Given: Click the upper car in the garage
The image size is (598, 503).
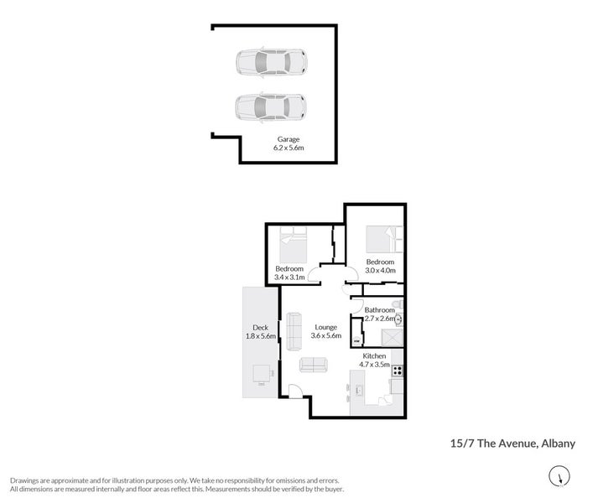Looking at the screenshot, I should [x=270, y=62].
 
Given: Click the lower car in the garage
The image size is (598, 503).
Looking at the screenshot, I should [x=270, y=106].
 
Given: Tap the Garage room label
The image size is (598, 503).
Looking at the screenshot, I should [x=289, y=139].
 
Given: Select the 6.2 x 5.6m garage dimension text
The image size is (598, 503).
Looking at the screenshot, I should [x=289, y=148].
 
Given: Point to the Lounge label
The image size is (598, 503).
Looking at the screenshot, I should [x=325, y=327].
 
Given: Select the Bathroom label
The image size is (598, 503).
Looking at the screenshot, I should [x=379, y=309].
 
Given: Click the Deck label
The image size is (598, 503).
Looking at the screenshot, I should [x=260, y=327].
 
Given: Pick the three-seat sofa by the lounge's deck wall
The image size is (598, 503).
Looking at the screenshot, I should [x=294, y=330].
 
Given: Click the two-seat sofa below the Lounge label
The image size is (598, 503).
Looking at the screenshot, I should [x=314, y=365].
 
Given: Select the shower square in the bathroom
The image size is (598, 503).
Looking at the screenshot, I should [x=392, y=337].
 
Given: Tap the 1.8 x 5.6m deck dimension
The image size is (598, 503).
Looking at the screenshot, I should [x=261, y=336].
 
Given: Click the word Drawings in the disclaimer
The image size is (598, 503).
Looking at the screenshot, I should [x=26, y=479].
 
